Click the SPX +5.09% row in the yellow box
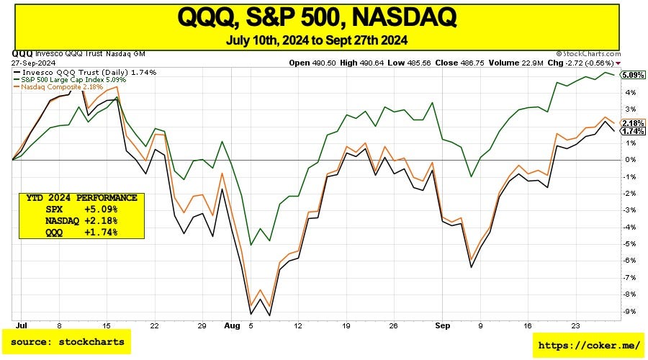81,210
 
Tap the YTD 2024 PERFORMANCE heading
81,197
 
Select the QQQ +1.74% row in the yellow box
81,232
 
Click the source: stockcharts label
67,342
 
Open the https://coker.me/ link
588,346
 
